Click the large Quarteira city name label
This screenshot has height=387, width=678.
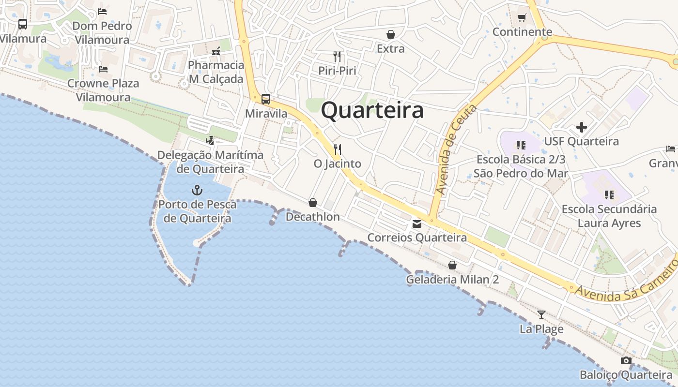tap(372, 110)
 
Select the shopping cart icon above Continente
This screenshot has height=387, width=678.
tap(522, 18)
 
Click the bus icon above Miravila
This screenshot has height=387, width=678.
tap(266, 99)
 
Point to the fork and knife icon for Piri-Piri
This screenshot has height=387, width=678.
tap(338, 57)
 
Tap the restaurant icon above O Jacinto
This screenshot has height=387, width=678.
tap(338, 149)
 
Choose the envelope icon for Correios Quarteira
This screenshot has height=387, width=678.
tap(416, 224)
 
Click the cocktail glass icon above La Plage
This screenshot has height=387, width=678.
tap(541, 315)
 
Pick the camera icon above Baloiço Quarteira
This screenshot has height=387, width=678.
tap(626, 361)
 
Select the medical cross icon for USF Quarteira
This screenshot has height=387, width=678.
tap(581, 127)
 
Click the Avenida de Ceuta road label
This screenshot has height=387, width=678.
tap(456, 149)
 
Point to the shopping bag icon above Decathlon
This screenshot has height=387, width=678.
tap(313, 203)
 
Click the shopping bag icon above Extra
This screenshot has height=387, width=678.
tap(390, 34)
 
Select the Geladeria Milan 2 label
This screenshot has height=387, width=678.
tap(452, 280)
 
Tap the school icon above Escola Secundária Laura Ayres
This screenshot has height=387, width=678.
tap(609, 195)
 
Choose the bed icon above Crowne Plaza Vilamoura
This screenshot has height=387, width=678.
tap(103, 69)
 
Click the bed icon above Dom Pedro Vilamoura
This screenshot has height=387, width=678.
tap(102, 12)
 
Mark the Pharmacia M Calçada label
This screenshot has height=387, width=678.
tap(216, 72)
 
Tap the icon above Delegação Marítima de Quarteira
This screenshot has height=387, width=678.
tap(210, 141)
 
